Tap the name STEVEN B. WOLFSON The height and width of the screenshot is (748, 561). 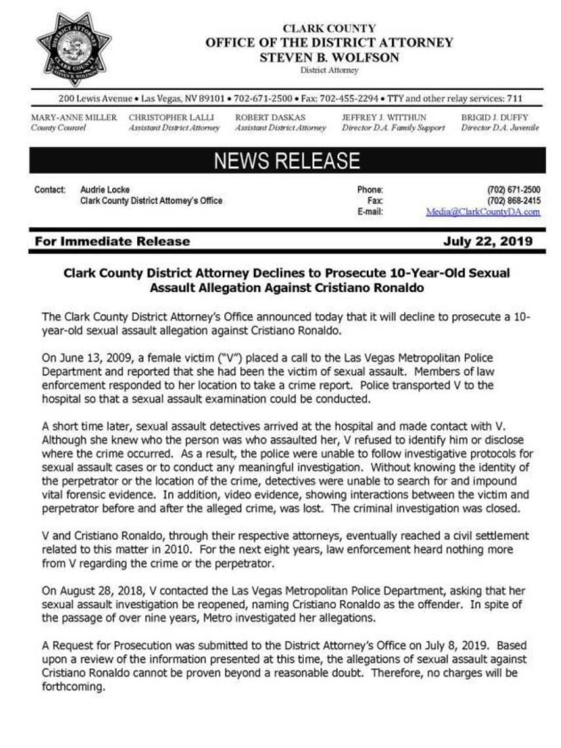click(329, 57)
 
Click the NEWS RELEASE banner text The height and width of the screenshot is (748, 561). click(287, 161)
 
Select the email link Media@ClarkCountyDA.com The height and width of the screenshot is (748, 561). click(483, 212)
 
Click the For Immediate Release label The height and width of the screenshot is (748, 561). click(112, 241)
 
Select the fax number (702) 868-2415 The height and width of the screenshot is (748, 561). click(514, 201)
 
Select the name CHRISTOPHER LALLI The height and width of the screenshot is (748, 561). click(167, 117)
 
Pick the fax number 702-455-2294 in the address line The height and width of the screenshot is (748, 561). click(348, 99)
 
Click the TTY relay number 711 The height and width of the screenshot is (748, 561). click(515, 99)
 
